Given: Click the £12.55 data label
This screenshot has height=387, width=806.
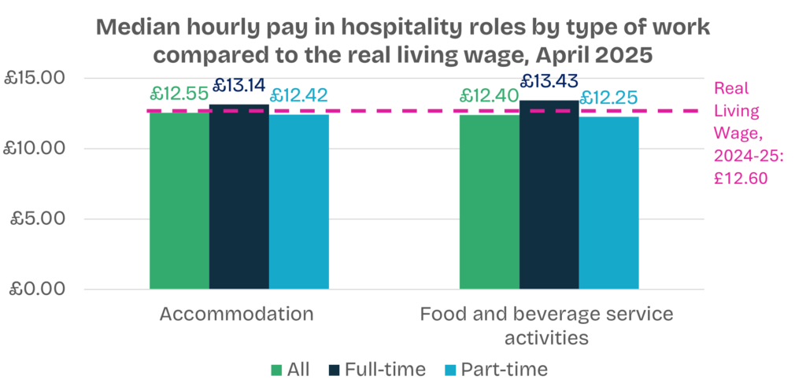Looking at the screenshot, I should click(179, 94).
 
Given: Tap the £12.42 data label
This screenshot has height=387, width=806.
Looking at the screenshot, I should click(299, 96).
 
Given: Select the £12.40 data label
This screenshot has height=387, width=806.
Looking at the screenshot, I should click(490, 97).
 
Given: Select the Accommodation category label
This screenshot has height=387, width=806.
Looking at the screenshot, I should click(236, 315).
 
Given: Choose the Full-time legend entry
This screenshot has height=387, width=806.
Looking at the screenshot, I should click(375, 370).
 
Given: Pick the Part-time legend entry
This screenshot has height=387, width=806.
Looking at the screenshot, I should click(494, 370).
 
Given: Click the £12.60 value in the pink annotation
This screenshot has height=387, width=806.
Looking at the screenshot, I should click(740, 178).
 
